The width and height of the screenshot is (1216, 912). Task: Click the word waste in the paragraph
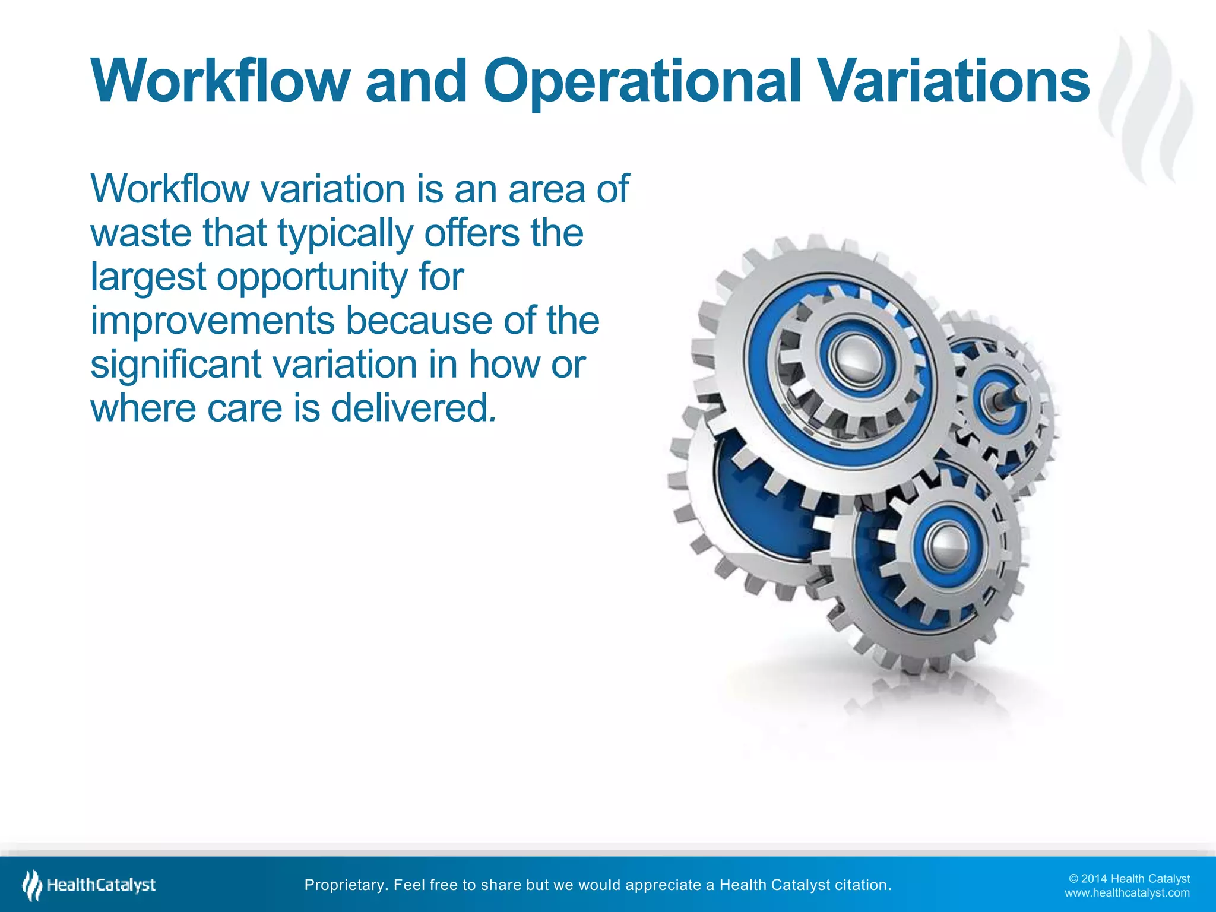141,233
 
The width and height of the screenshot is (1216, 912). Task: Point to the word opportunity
312,277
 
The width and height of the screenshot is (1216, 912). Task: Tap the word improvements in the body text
212,321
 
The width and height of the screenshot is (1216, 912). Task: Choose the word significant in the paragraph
175,364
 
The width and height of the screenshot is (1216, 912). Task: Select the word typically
345,234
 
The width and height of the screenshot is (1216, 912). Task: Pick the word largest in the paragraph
148,277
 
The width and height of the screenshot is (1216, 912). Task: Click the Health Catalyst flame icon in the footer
32,885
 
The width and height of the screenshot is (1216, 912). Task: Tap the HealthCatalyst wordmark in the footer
102,885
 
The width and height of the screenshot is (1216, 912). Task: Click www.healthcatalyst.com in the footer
1127,893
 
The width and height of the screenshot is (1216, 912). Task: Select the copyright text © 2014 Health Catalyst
1129,879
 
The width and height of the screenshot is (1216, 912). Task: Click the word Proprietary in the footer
346,885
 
